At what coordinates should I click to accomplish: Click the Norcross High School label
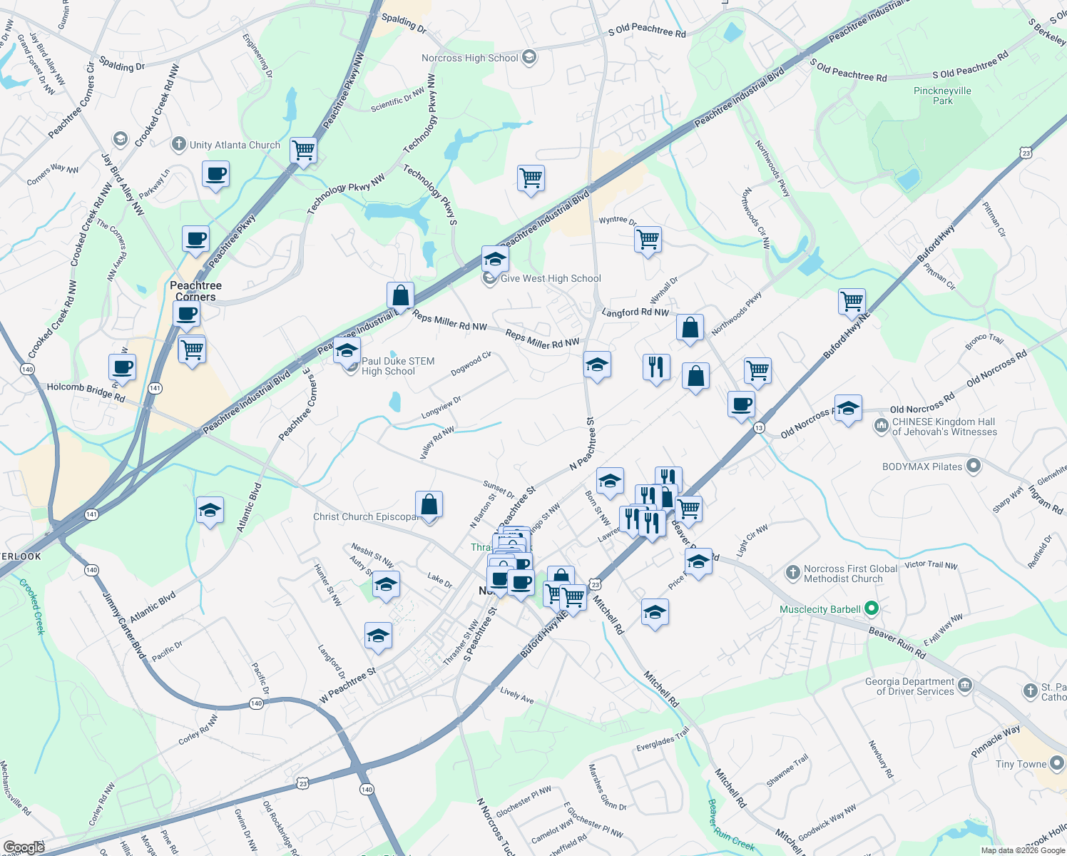[469, 58]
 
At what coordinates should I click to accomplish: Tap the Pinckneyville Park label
[942, 96]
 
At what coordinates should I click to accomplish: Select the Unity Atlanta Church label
[235, 145]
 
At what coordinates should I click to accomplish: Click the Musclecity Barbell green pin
[871, 609]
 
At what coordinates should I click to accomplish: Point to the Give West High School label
[551, 278]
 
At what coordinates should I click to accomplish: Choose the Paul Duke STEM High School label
[397, 366]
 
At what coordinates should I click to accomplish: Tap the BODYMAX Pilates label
[922, 467]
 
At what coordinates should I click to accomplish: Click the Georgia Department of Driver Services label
[909, 686]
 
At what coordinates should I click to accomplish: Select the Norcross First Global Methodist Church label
[850, 574]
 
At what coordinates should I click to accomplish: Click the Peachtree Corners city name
[195, 291]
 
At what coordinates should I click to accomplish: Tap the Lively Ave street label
[517, 695]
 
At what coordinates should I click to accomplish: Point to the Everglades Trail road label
[663, 739]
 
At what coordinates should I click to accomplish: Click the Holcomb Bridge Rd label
[86, 392]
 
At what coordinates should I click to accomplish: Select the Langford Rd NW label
[635, 312]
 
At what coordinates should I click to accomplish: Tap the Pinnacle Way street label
[996, 742]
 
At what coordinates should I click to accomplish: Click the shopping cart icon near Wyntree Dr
[648, 240]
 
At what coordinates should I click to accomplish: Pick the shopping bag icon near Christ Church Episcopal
[429, 505]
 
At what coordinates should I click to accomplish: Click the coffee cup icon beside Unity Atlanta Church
[215, 174]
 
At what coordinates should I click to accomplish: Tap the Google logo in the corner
[24, 847]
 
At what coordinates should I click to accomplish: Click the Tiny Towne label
[1021, 764]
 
